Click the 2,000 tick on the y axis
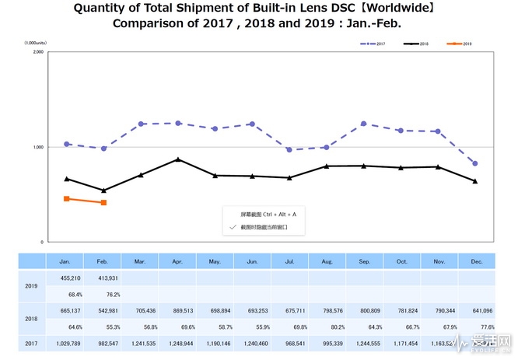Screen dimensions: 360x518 pos(37,52)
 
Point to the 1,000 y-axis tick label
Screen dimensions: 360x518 pos(37,147)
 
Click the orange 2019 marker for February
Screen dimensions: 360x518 pos(103,203)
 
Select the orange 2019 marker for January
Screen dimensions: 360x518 pos(67,199)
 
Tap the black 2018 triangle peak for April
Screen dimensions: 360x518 pos(178,159)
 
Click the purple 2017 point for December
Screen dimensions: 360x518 pos(474,163)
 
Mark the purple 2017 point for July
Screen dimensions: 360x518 pos(289,150)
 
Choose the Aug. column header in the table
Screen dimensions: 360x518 pos(327,261)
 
